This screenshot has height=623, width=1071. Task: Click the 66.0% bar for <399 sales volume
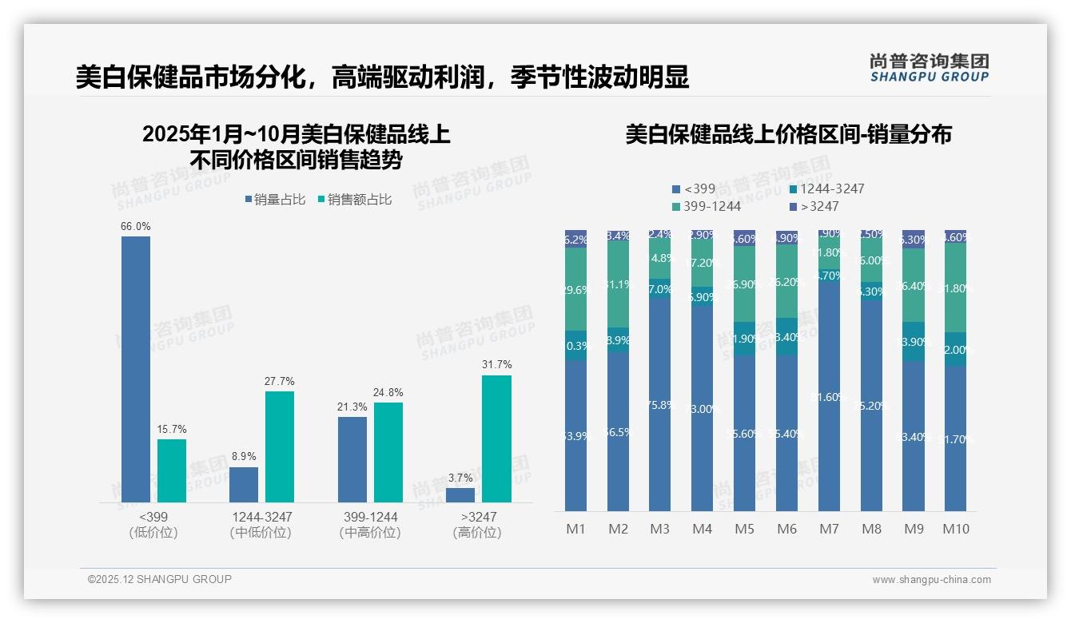[136, 369]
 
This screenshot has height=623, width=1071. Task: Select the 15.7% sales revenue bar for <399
[172, 470]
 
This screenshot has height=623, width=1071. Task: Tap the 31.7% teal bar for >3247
[496, 438]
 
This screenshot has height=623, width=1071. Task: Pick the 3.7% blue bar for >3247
[460, 494]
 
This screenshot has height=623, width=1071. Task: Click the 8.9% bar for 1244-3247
[244, 484]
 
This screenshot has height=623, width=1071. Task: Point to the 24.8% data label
[388, 393]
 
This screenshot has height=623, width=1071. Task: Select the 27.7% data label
[280, 381]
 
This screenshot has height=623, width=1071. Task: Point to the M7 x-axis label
[829, 529]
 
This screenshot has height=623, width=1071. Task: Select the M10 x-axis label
[956, 529]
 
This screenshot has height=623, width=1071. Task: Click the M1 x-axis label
[575, 529]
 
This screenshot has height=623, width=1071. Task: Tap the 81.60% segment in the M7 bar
[829, 397]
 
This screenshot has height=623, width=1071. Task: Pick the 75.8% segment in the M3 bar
[659, 405]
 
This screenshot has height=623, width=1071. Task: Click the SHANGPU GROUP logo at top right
[929, 68]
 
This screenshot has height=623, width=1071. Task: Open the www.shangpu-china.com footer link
[931, 580]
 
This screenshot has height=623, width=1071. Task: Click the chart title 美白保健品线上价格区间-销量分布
[788, 135]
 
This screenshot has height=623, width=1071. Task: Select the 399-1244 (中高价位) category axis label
[369, 525]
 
